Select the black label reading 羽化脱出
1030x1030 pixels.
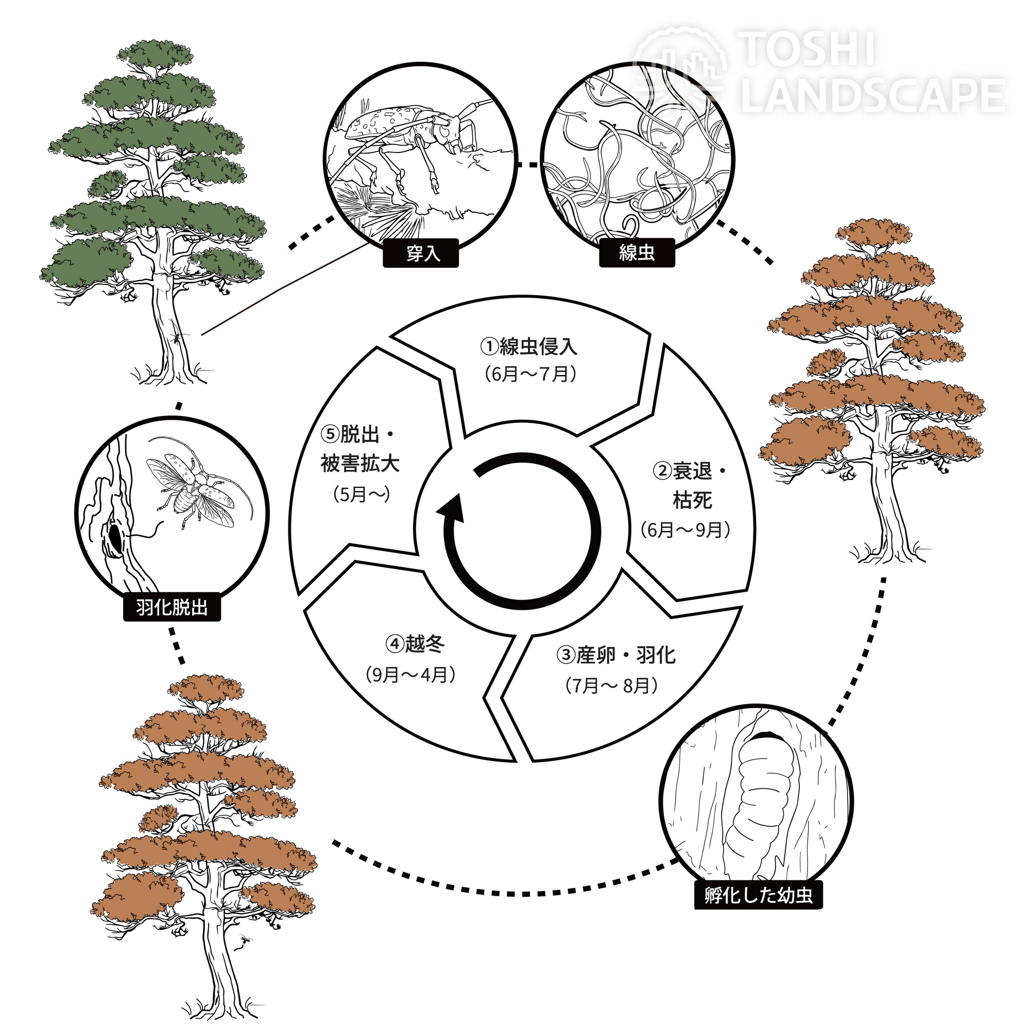(172, 607)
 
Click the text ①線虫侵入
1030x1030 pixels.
(529, 347)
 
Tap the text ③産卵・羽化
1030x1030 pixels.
(616, 655)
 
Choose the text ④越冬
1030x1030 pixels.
(415, 645)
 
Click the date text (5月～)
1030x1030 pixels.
(362, 495)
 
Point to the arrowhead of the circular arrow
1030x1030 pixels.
(451, 509)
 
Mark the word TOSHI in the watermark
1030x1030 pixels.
(808, 49)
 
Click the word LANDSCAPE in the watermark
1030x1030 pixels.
(873, 94)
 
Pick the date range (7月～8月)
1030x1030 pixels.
(611, 686)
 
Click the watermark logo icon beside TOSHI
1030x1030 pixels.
(680, 66)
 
